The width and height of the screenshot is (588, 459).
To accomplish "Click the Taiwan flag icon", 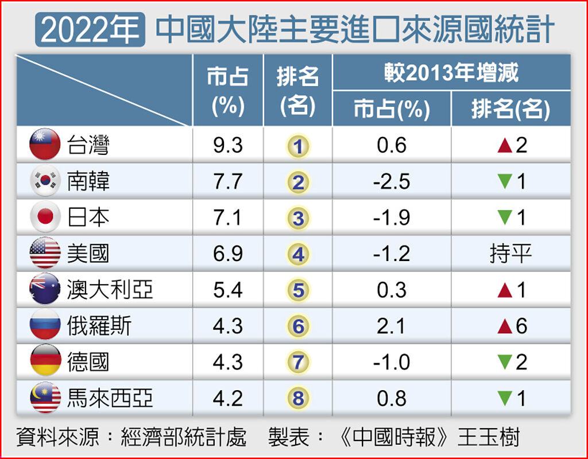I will coord(45,145).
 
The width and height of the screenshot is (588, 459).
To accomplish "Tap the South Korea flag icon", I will coord(45,181).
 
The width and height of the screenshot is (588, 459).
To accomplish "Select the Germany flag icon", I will coord(45,361).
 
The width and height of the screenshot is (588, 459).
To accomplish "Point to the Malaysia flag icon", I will coord(45,398).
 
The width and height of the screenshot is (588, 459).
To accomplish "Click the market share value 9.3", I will coord(228,145).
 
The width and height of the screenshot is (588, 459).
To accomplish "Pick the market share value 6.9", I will coord(228,254).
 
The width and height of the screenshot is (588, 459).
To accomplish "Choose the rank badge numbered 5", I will coord(297,290).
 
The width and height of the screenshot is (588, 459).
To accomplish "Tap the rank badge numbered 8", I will coord(297,398).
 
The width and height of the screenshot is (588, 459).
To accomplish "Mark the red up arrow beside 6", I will coord(505,326).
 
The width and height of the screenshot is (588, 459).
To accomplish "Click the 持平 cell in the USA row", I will coord(510,254).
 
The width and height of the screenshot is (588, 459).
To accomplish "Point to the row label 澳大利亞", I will coord(110,290).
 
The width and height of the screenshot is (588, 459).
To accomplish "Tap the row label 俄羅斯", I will coord(99,326).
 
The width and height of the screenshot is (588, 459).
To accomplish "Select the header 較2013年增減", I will coord(451,73).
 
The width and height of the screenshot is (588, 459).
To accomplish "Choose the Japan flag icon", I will coord(45,217).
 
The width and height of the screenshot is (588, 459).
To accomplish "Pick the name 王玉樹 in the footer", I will coord(489,437).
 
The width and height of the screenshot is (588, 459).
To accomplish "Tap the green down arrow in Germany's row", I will coord(505,363).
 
